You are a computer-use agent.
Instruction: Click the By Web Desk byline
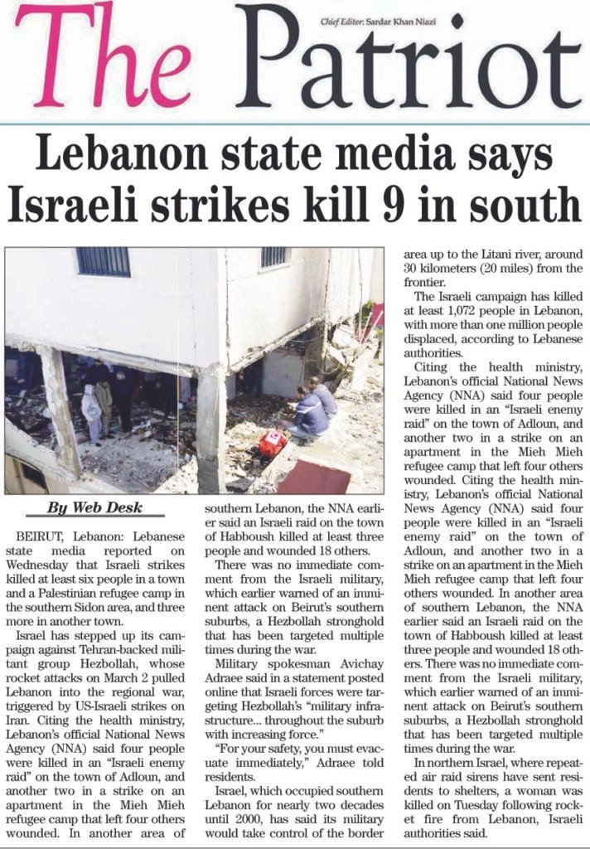click(94, 507)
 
